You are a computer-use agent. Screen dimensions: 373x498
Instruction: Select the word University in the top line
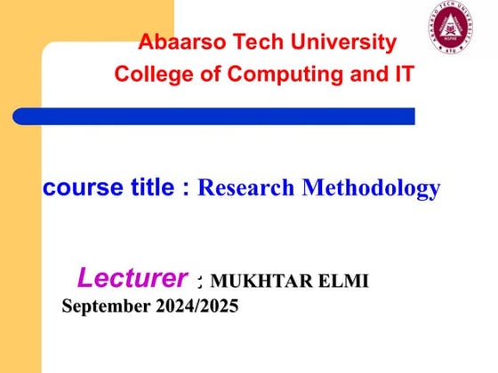click(346, 42)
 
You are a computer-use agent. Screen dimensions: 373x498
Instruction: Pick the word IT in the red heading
click(403, 75)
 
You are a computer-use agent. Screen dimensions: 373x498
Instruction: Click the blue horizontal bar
click(213, 115)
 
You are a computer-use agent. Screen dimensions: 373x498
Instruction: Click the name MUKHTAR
click(257, 282)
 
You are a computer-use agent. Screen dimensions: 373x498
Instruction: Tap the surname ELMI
click(340, 282)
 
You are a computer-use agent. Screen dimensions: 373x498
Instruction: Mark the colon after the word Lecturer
click(200, 282)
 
